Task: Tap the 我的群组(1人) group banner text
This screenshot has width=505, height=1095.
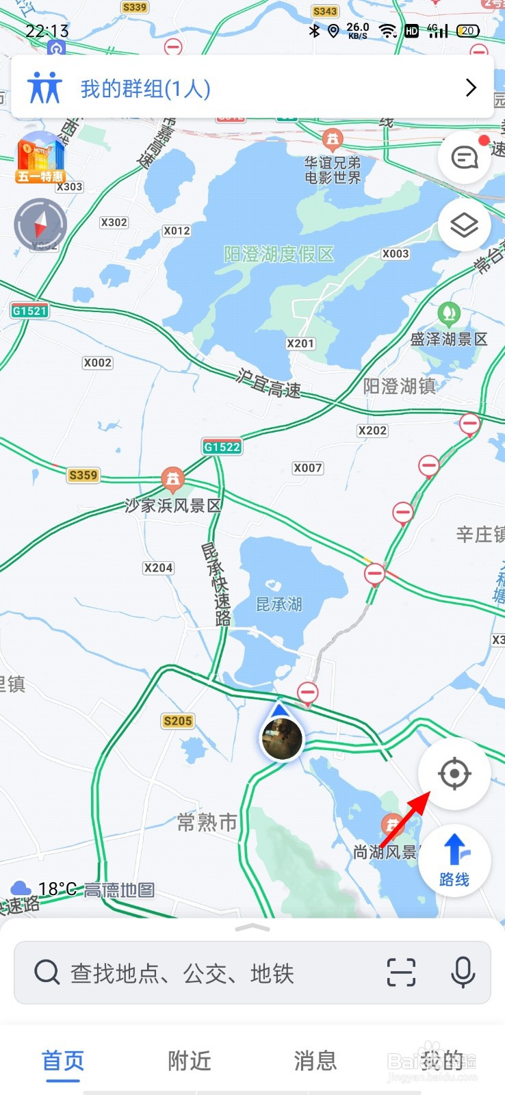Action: coord(145,89)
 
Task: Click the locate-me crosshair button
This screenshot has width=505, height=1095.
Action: coord(454,774)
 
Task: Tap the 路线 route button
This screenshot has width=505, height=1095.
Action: coord(454,861)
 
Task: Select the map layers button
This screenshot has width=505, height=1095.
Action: coord(464,225)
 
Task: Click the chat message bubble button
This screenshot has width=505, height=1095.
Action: coord(465,158)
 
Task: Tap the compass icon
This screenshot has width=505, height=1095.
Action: coord(40,224)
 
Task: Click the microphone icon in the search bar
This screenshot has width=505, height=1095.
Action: coord(463,972)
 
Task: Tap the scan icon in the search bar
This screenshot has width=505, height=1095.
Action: coord(401,972)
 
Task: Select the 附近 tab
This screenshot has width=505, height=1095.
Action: coord(190,1061)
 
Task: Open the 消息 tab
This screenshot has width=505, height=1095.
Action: coord(315,1061)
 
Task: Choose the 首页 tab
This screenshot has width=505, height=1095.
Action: coord(63,1061)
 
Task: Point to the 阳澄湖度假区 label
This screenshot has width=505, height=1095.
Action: coord(279,255)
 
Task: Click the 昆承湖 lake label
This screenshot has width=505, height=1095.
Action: coord(279,604)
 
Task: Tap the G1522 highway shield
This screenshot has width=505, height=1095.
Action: coord(222,447)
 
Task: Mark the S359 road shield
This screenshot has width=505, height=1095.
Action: coord(83,475)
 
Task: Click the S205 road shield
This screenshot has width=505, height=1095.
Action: coord(178,721)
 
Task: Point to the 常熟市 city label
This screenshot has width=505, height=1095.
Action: coord(207,822)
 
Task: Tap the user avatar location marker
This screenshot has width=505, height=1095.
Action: coord(282,738)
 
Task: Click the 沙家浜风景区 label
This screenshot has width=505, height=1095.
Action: coord(173,506)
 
